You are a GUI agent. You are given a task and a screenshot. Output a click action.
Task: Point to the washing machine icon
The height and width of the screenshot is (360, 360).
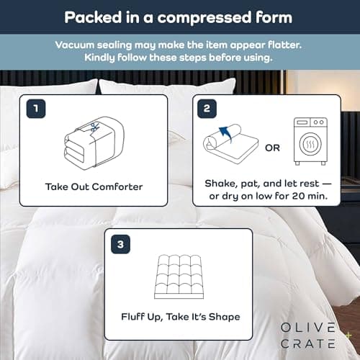point(310,142)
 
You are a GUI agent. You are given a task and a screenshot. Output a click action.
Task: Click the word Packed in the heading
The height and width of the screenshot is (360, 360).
point(88,16)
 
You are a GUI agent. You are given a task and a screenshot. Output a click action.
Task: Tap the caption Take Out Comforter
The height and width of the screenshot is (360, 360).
point(94,186)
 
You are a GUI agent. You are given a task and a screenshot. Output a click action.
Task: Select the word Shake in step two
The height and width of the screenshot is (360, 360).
point(220,180)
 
